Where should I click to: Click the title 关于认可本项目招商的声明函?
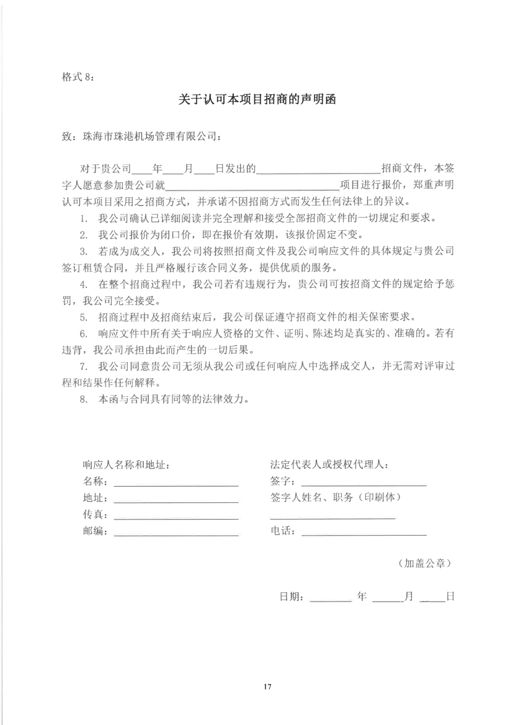[x=257, y=100]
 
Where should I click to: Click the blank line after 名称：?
[x=176, y=483]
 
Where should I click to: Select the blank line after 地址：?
[x=176, y=500]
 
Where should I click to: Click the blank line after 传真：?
[x=176, y=517]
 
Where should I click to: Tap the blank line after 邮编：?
[x=176, y=533]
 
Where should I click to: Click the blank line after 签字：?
[x=364, y=483]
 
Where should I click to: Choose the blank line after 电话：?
[x=364, y=533]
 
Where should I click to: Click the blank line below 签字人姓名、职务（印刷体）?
[x=332, y=517]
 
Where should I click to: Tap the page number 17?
[x=267, y=687]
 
